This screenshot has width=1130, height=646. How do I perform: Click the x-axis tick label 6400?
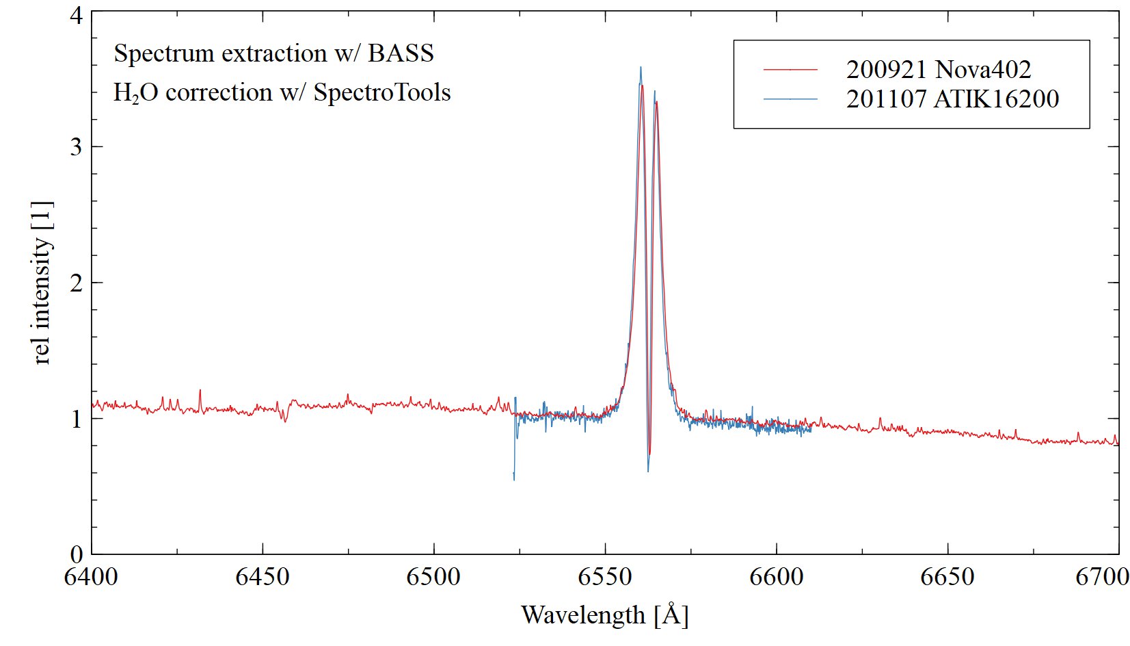pos(91,577)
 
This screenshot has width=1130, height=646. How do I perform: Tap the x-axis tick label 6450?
pos(263,577)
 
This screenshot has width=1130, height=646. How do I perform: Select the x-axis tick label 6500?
pos(433,577)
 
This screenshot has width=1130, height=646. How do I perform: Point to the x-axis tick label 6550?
pos(605,577)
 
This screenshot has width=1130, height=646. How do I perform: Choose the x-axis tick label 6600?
pos(777,577)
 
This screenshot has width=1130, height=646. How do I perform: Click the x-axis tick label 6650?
pos(947,577)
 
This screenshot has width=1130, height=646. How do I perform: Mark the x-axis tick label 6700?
pos(1102,577)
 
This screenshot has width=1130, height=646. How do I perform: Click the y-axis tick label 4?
pos(77,15)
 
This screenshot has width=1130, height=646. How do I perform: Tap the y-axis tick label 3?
pos(77,147)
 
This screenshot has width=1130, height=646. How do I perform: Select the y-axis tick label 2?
pos(77,283)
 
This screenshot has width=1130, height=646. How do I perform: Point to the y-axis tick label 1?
pos(77,418)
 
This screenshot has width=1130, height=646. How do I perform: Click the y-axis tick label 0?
pos(77,553)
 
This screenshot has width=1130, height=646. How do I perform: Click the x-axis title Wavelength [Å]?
pos(604,615)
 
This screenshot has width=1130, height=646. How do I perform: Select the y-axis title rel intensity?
pos(42,282)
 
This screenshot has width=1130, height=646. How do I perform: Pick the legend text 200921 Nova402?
pos(938,70)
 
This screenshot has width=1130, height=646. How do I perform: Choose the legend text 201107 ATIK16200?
pos(952,99)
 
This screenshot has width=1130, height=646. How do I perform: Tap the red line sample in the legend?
pos(790,70)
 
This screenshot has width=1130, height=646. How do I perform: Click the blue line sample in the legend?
pos(790,99)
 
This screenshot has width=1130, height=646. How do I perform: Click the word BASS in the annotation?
pos(401,53)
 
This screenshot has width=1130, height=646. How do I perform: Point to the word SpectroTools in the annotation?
pos(382,92)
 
